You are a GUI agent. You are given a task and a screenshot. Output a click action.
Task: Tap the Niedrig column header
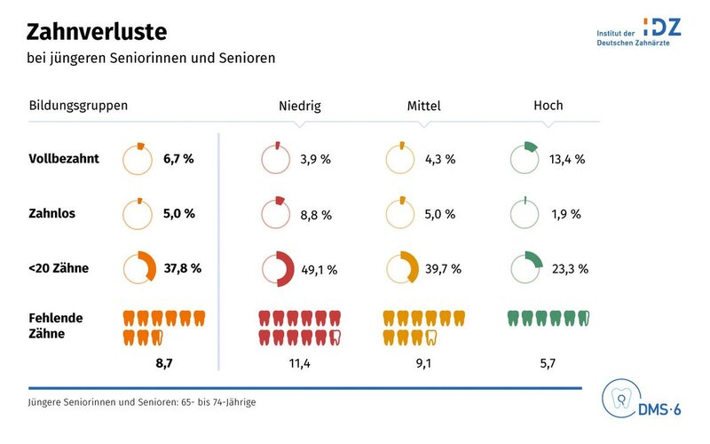click(299, 106)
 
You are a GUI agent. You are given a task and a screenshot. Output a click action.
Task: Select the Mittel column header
click(423, 106)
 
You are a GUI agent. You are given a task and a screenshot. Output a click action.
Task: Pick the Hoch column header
click(548, 105)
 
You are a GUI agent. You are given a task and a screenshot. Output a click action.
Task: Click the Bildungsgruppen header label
click(79, 105)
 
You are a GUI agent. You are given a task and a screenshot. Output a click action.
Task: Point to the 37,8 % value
click(183, 268)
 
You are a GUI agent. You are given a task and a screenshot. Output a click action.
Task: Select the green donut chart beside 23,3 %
click(526, 268)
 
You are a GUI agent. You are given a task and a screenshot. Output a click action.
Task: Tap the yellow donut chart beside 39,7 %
click(402, 268)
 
